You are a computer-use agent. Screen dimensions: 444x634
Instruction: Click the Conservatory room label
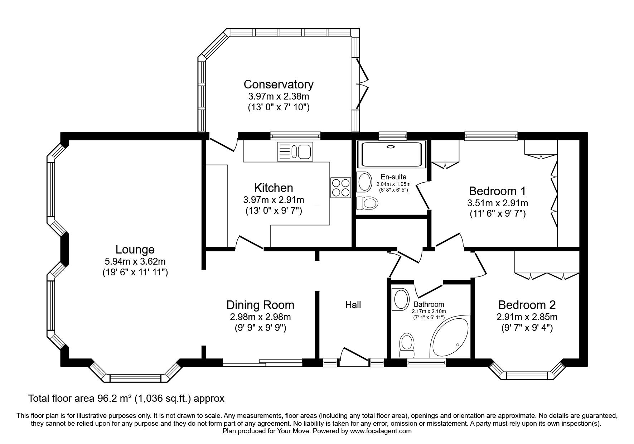point(279,85)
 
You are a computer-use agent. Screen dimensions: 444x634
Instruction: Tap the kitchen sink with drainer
point(295,151)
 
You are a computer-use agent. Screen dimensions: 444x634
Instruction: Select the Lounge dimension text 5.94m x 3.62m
point(135,261)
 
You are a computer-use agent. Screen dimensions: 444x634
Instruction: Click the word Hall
point(353,305)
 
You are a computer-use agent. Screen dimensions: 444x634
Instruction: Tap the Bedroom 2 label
point(527,305)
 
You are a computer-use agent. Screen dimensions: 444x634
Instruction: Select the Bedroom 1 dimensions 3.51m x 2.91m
point(498,203)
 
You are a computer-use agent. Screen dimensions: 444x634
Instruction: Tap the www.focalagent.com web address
point(381,431)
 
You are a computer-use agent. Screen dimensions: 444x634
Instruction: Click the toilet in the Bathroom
point(406,344)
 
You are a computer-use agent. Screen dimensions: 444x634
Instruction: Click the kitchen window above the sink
point(295,135)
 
